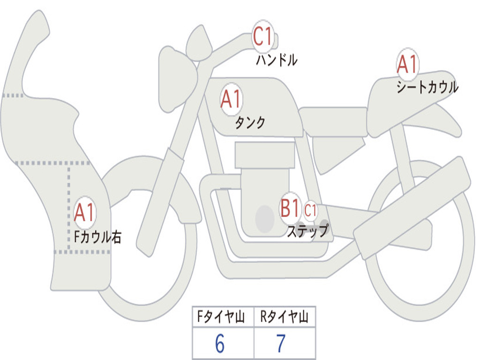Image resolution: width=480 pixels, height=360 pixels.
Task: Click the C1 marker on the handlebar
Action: click(x=262, y=37)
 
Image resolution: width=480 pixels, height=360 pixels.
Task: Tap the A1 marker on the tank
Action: click(x=231, y=99)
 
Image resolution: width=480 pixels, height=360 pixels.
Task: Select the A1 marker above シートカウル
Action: click(x=407, y=64)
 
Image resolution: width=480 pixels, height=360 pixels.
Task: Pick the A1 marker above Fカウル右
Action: click(x=84, y=212)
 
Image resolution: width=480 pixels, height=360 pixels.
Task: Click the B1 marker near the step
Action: click(x=290, y=208)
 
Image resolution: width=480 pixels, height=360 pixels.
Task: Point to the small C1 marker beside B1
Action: click(x=310, y=210)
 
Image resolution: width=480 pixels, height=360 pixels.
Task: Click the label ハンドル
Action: click(x=277, y=60)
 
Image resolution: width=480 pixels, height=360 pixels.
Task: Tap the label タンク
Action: click(x=250, y=122)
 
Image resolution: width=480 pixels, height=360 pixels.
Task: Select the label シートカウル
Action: click(x=427, y=87)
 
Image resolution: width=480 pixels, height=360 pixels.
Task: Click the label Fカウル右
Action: click(x=97, y=237)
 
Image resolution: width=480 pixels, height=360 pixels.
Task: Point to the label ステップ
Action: click(x=307, y=231)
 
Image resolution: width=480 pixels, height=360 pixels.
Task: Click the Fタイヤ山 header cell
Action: click(x=223, y=316)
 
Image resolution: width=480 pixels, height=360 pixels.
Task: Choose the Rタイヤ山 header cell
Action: click(x=285, y=316)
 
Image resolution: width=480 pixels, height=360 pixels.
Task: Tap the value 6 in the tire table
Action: click(x=220, y=344)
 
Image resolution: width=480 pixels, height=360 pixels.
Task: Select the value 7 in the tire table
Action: click(x=281, y=344)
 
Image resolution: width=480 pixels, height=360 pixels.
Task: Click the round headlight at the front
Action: click(x=178, y=79)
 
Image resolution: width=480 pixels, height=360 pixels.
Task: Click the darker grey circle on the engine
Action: click(x=265, y=219)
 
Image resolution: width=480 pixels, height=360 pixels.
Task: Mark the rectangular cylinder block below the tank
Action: click(x=265, y=155)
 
